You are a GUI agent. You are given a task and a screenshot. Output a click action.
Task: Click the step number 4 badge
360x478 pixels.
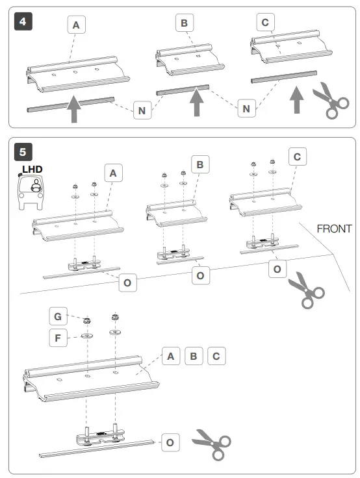pos(23,21)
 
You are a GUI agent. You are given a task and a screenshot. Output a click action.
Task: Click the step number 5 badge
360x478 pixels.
pos(23,152)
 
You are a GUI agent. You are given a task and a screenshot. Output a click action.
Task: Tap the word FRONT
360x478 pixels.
pos(334,229)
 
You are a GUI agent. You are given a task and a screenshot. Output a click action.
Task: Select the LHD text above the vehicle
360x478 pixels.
pos(32,170)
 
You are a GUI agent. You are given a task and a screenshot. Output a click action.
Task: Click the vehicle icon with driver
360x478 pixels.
pos(31,192)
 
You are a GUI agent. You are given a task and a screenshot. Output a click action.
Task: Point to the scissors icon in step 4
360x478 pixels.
pos(331,100)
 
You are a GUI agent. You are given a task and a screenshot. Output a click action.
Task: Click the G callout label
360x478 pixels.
pos(58,316)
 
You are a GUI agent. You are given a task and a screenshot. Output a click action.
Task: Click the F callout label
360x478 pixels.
pos(58,338)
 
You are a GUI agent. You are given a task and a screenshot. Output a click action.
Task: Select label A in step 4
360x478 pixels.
pos(76,25)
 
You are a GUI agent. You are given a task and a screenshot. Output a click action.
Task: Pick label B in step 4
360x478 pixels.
pos(185,23)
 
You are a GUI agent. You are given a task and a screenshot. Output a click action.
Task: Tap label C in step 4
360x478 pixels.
pos(265,22)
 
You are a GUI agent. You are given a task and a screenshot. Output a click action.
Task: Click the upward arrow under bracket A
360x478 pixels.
pos(74,109)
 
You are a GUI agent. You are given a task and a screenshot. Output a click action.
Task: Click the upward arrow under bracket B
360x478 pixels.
pos(197,103)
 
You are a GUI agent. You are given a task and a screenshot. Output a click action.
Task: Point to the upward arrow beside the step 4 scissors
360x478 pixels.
pos(296,99)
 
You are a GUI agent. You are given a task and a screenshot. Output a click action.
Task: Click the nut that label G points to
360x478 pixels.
pos(87,320)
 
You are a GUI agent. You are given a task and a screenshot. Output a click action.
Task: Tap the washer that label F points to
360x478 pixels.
pos(87,336)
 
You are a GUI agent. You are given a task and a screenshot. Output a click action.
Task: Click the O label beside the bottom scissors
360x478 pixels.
pos(170,442)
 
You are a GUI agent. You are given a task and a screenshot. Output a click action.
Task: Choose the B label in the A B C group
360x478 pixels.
pos(194,356)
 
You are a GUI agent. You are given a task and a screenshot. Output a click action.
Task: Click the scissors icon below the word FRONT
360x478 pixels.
pos(307,290)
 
